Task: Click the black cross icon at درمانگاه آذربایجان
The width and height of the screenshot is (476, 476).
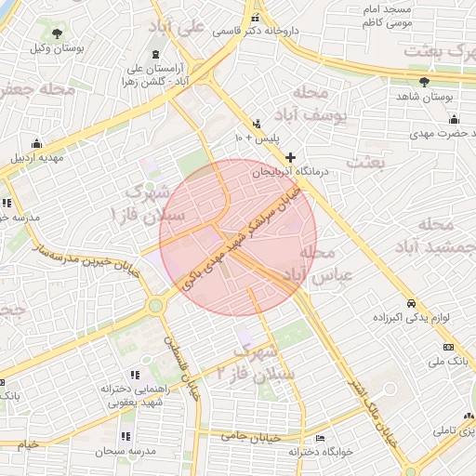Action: [291, 157]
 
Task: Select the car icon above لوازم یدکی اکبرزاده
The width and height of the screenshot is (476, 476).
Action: [410, 304]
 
